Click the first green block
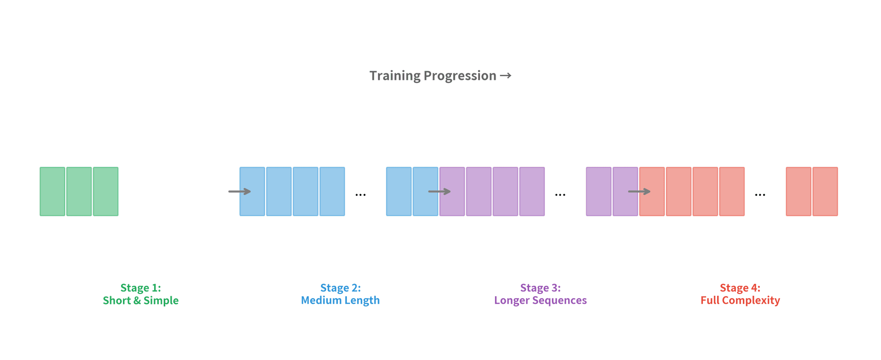52,191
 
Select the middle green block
79,191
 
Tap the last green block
106,191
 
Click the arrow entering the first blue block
240,191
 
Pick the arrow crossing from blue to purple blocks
439,191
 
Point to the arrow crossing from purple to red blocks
639,191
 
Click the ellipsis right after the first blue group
361,195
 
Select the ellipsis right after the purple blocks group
560,195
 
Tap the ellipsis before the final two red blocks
760,195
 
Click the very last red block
825,191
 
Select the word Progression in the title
460,76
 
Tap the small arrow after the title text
506,76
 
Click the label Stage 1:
140,288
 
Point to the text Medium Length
340,300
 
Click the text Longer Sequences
540,300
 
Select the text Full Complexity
740,300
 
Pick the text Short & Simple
140,300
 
